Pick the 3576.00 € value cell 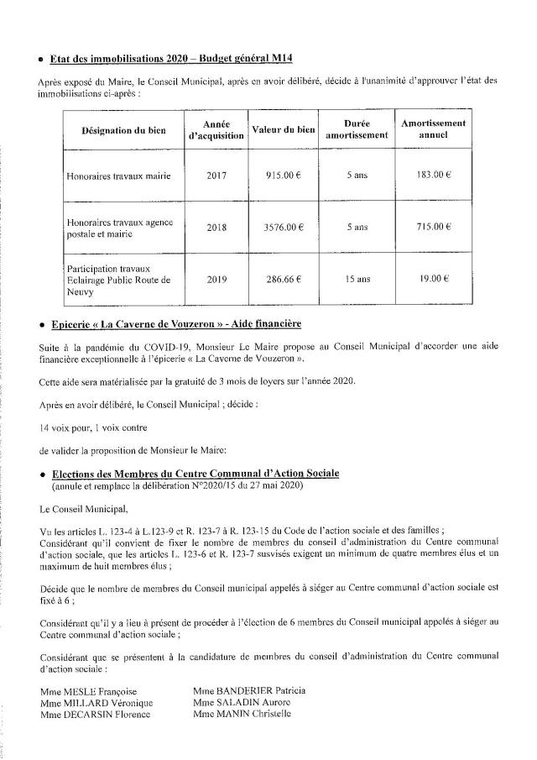[x=284, y=227]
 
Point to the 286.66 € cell [x=284, y=279]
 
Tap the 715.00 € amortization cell [x=434, y=227]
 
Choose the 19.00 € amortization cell [x=434, y=279]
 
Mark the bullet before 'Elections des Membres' [x=41, y=475]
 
